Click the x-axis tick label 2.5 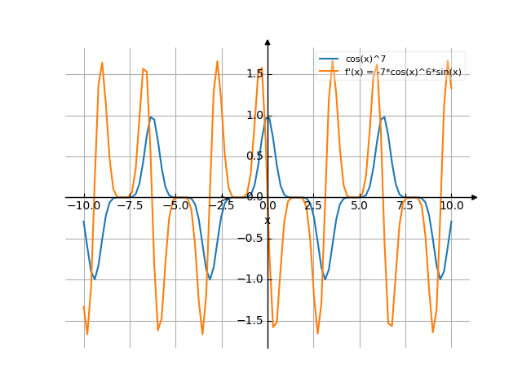pos(313,206)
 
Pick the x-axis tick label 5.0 pos(359,206)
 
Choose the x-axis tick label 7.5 pos(405,206)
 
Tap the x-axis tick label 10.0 pos(451,206)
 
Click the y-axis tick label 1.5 pos(254,74)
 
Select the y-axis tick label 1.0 pos(254,115)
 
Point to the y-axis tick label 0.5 pos(254,156)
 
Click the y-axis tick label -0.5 pos(251,239)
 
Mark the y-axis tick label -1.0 pos(251,279)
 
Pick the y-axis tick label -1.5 pos(251,321)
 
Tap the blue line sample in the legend pos(329,59)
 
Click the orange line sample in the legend pos(329,72)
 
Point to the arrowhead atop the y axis pos(268,42)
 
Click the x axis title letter pos(267,220)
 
